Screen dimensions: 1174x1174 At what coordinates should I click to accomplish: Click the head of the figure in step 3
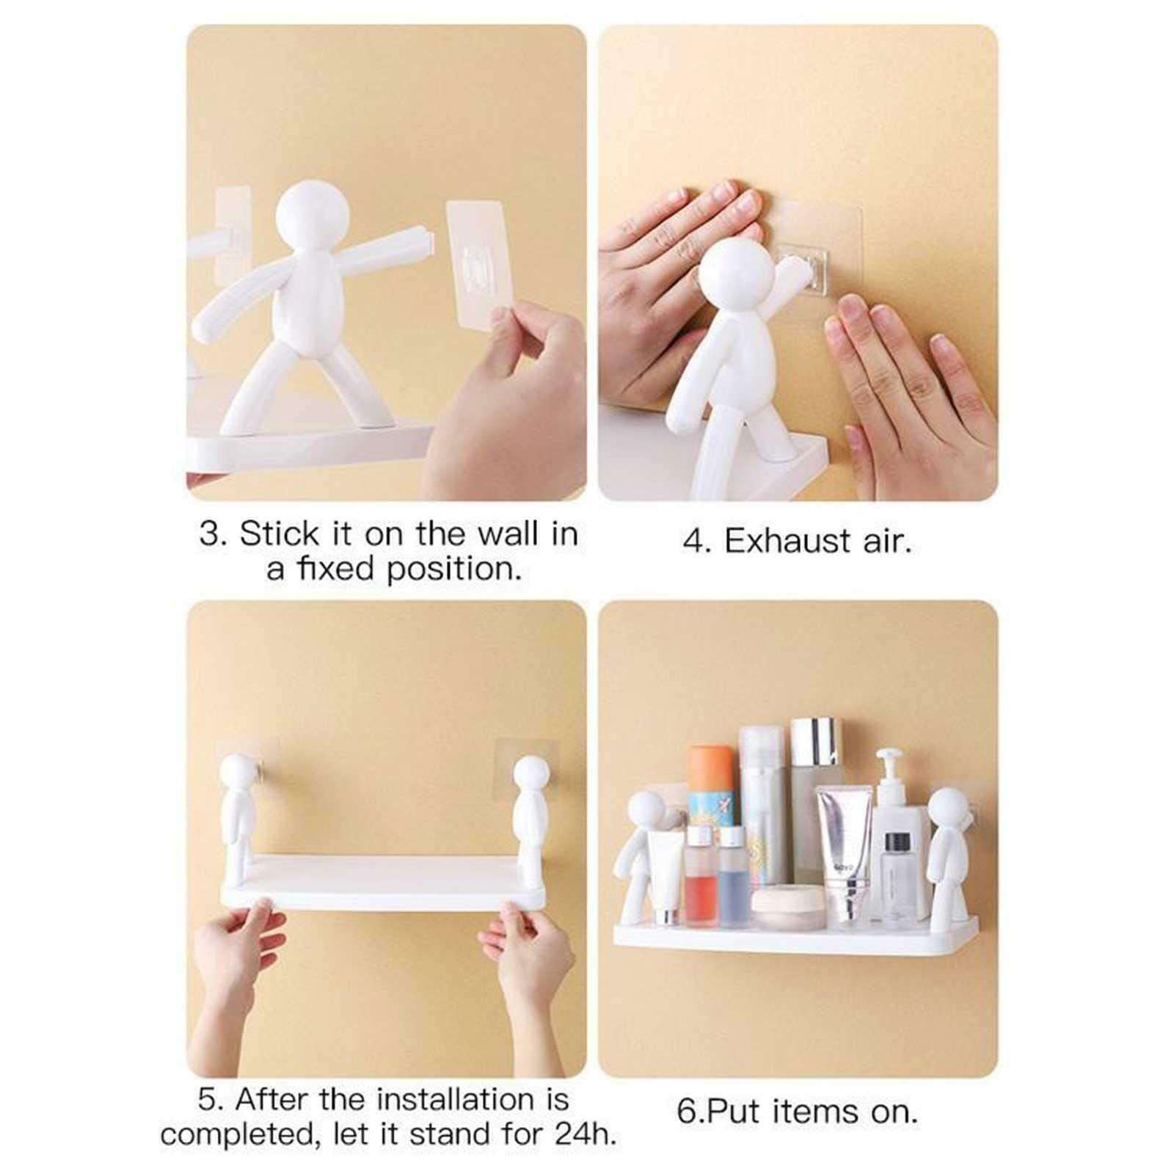coord(310,215)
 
